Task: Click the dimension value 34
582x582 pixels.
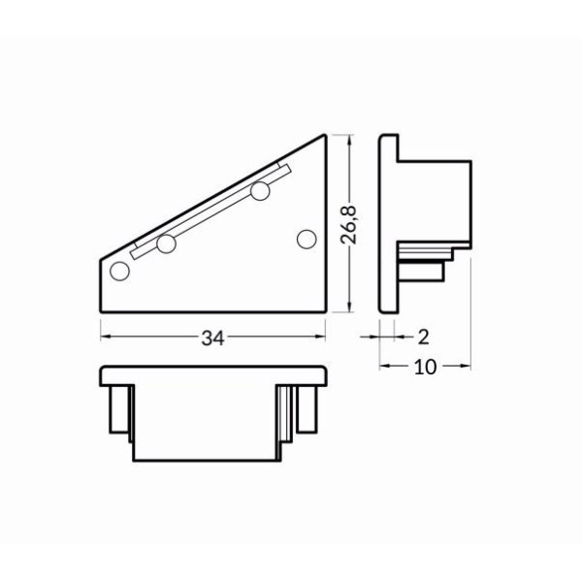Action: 213,338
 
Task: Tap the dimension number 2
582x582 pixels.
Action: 423,337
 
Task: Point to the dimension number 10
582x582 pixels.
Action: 423,367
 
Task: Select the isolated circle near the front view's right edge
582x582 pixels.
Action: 307,238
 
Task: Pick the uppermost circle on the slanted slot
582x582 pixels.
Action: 259,192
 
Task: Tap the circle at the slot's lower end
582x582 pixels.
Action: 166,244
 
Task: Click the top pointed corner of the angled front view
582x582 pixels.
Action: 325,136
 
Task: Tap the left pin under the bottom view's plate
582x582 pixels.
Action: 119,410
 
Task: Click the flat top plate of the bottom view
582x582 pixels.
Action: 213,374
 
